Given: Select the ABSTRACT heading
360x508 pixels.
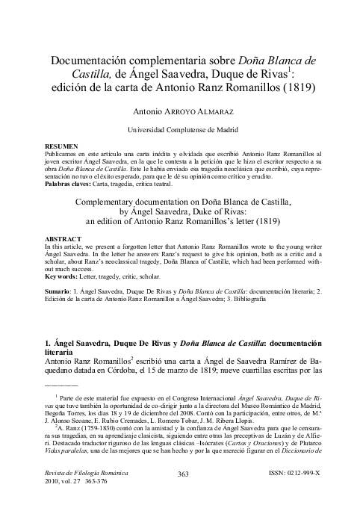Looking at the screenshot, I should pyautogui.click(x=63, y=239).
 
